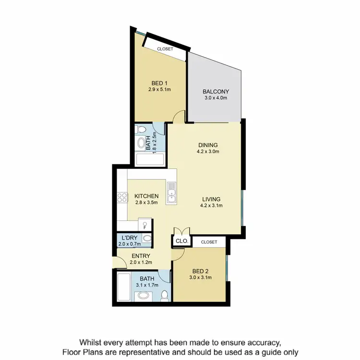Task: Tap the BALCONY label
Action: click(216, 92)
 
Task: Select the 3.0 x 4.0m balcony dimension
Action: click(216, 98)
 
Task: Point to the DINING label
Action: click(208, 145)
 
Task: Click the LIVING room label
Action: click(211, 199)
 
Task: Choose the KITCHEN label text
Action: click(146, 196)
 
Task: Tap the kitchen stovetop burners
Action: click(121, 198)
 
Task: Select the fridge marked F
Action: click(144, 225)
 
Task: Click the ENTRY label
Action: click(141, 256)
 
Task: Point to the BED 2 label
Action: click(201, 271)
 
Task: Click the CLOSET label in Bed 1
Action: click(165, 48)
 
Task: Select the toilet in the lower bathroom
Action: click(165, 294)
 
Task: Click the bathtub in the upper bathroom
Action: click(149, 159)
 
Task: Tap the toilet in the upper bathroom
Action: click(141, 130)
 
